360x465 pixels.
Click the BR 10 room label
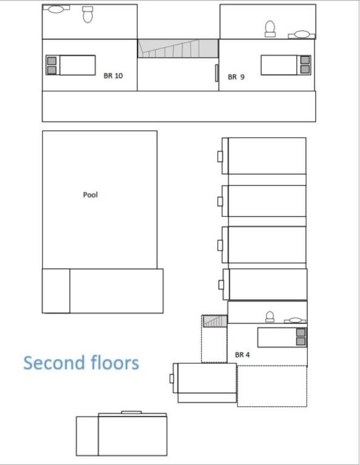pos(113,76)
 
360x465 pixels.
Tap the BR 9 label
pos(236,77)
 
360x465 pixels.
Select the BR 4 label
pos(242,354)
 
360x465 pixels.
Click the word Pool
pos(90,195)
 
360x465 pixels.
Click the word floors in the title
pos(115,363)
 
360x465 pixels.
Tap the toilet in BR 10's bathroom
pos(88,15)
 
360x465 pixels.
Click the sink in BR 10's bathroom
pos(56,9)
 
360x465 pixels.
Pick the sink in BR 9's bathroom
pos(302,35)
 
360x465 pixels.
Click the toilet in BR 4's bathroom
pos(270,317)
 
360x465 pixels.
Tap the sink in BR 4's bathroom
pos(295,320)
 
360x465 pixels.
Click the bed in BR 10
pos(71,65)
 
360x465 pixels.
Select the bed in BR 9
pos(286,65)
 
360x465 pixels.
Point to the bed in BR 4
pos(282,337)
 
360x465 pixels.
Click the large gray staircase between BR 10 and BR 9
pos(178,48)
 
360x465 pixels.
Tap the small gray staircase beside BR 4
pos(215,321)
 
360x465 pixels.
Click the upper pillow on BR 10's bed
pos(52,61)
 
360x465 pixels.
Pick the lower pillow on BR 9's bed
pos(305,70)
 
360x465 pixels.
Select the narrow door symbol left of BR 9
pos(216,73)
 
